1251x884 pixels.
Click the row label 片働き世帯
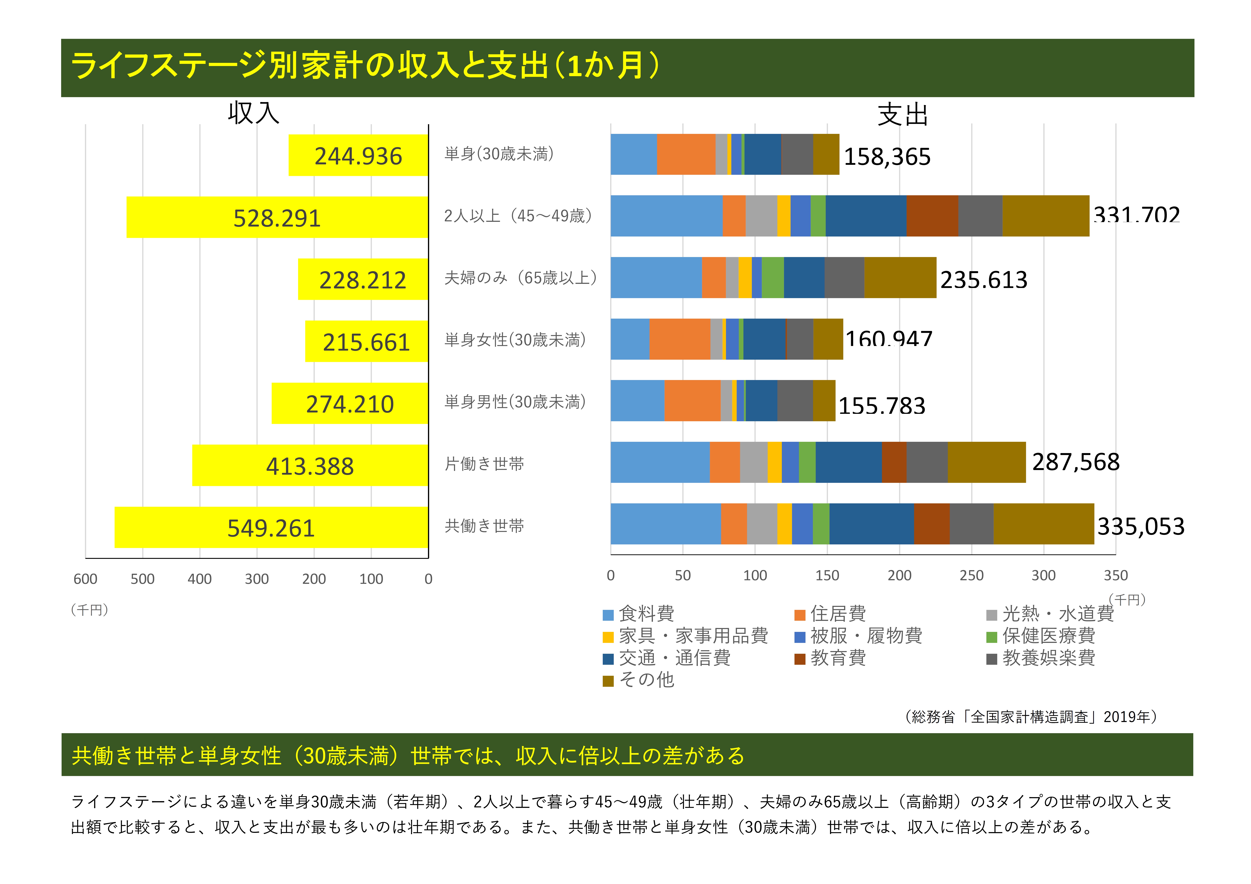pyautogui.click(x=484, y=464)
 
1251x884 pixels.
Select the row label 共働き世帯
pyautogui.click(x=484, y=526)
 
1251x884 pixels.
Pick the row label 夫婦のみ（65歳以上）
pyautogui.click(x=520, y=278)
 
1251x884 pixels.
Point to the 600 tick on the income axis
pyautogui.click(x=86, y=579)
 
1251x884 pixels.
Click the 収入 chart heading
pyautogui.click(x=253, y=113)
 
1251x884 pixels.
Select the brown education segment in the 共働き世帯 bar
pyautogui.click(x=932, y=524)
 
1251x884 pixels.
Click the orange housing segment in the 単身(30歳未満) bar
pyautogui.click(x=686, y=154)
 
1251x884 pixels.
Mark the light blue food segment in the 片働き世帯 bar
pyautogui.click(x=660, y=462)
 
